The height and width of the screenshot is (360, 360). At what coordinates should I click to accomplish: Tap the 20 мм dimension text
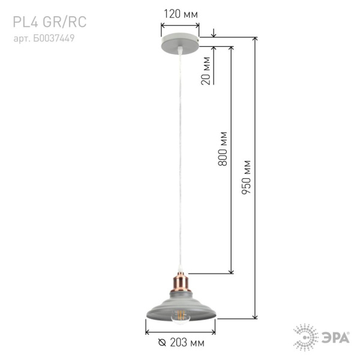[x=206, y=71]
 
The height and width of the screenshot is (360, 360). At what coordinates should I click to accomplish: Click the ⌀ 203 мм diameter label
[x=181, y=343]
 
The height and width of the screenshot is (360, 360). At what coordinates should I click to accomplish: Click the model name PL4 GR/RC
[x=50, y=23]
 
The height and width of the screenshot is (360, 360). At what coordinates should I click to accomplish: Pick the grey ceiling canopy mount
[x=181, y=44]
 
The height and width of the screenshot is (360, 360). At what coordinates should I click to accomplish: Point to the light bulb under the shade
[x=181, y=316]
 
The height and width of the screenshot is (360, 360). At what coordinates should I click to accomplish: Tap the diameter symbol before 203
[x=162, y=343]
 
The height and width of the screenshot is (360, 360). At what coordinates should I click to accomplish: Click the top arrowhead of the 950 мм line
[x=257, y=40]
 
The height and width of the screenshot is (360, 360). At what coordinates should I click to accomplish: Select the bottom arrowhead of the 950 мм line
[x=257, y=316]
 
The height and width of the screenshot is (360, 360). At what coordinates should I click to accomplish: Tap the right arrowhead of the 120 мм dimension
[x=198, y=26]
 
